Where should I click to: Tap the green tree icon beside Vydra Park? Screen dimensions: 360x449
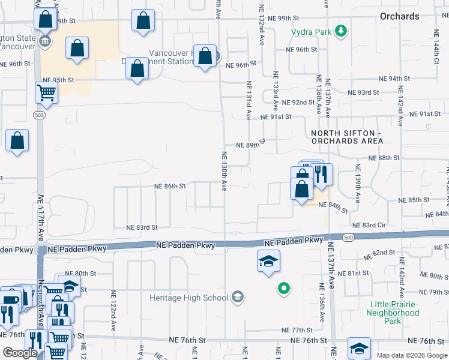341,30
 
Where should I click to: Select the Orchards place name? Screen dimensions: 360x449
399,16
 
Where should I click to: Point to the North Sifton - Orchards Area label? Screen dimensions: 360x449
347,137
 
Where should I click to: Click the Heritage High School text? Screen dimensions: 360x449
189,298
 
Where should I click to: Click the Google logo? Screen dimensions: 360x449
20,353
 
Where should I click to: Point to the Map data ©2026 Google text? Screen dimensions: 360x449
411,355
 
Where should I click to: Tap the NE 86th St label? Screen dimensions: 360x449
170,187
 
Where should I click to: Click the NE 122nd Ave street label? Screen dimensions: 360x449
113,311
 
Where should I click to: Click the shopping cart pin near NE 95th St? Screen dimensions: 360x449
47,93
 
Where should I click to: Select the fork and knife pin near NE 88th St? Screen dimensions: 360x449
322,173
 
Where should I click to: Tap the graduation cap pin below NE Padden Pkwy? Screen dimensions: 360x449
268,260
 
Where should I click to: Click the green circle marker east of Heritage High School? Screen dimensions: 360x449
284,289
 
